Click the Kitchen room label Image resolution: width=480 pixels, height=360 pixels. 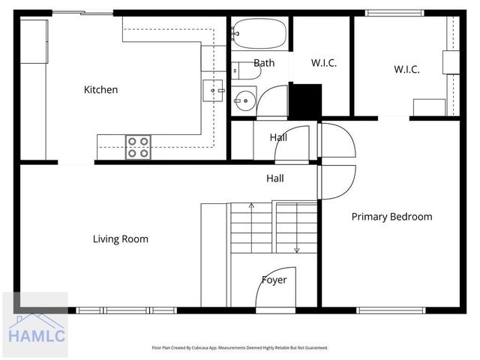(x=100, y=90)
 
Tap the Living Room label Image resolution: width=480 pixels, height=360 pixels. (x=120, y=239)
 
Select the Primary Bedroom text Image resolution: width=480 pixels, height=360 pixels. (x=391, y=217)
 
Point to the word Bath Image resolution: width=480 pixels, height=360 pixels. (x=264, y=63)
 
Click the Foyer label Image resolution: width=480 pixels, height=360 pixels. (x=274, y=280)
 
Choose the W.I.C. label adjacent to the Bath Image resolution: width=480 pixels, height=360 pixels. (x=322, y=63)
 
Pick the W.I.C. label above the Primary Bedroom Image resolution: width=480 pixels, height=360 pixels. (x=406, y=69)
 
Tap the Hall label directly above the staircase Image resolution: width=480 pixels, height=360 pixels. (x=275, y=178)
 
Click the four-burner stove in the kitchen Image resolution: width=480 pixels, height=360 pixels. (x=138, y=147)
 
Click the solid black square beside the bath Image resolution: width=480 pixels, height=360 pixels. (x=305, y=100)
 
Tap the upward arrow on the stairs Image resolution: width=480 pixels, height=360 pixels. (x=251, y=205)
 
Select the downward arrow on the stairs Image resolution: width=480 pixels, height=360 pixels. (x=296, y=249)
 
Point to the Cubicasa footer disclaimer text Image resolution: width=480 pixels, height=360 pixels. (x=239, y=348)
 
